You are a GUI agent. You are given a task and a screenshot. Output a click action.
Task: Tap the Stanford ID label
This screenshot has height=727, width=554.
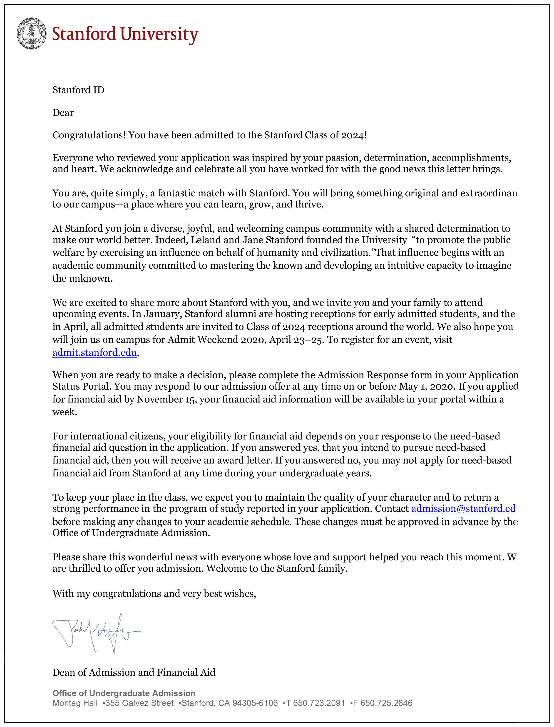78,90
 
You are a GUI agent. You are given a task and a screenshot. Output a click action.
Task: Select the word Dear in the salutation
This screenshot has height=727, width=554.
63,113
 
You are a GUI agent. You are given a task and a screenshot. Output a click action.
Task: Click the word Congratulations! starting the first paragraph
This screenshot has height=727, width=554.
89,135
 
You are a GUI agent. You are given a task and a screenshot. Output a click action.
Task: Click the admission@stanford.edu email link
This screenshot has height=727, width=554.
463,509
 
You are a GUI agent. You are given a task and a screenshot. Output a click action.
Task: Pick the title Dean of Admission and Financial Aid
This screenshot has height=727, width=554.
134,672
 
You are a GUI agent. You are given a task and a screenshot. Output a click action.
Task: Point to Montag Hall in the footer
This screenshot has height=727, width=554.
75,703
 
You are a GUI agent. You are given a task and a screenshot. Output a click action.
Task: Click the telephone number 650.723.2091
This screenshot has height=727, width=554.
318,703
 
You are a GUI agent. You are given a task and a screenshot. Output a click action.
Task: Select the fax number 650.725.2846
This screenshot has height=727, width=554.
386,703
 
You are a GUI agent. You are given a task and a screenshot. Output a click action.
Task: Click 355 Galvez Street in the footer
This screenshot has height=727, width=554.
139,703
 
